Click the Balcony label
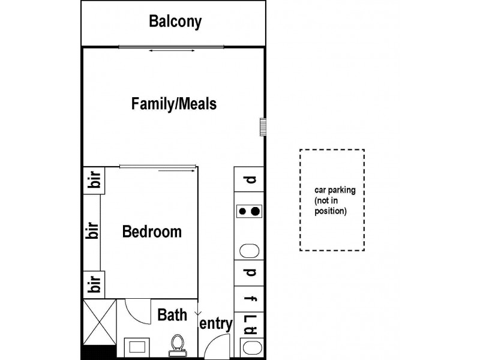(175, 22)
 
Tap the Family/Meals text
(174, 103)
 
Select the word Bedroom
(152, 232)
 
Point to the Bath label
(172, 314)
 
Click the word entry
(216, 324)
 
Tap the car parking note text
(335, 200)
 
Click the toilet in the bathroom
(177, 346)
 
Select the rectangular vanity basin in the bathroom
(137, 347)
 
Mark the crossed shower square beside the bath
(100, 322)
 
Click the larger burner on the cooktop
(256, 211)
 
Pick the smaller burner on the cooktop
(242, 211)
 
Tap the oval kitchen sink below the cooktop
(249, 251)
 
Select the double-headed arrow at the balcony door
(172, 50)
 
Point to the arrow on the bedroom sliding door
(176, 170)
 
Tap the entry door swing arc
(214, 340)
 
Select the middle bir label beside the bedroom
(92, 230)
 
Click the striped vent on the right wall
(263, 127)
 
